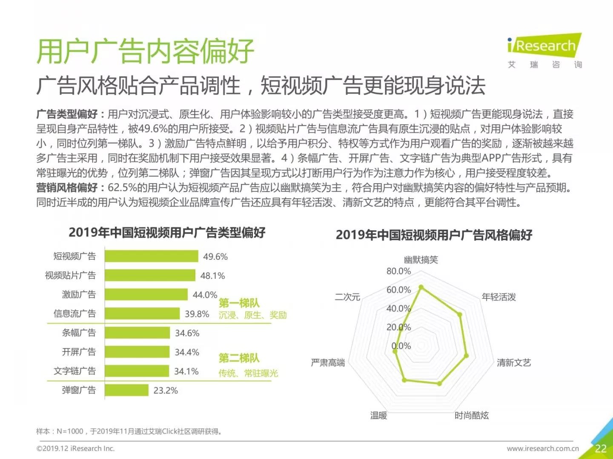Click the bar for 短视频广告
pos(152,256)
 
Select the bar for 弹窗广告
pos(126,390)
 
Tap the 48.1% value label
pos(212,276)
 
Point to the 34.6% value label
pos(187,333)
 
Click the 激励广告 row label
pos(79,295)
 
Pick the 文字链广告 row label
pos(74,371)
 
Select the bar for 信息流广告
pos(142,314)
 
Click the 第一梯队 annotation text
pos(239,303)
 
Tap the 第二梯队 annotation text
pos(239,358)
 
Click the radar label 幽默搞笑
pos(421,260)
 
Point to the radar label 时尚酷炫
pos(471,415)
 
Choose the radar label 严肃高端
pos(328,363)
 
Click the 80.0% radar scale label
pos(398,271)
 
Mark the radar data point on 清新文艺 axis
pos(466,356)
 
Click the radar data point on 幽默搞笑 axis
pos(421,287)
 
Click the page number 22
pos(600,448)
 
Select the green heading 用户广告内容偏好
pos(145,51)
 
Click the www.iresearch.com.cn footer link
pos(543,448)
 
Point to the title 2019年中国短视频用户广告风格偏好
pos(434,235)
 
